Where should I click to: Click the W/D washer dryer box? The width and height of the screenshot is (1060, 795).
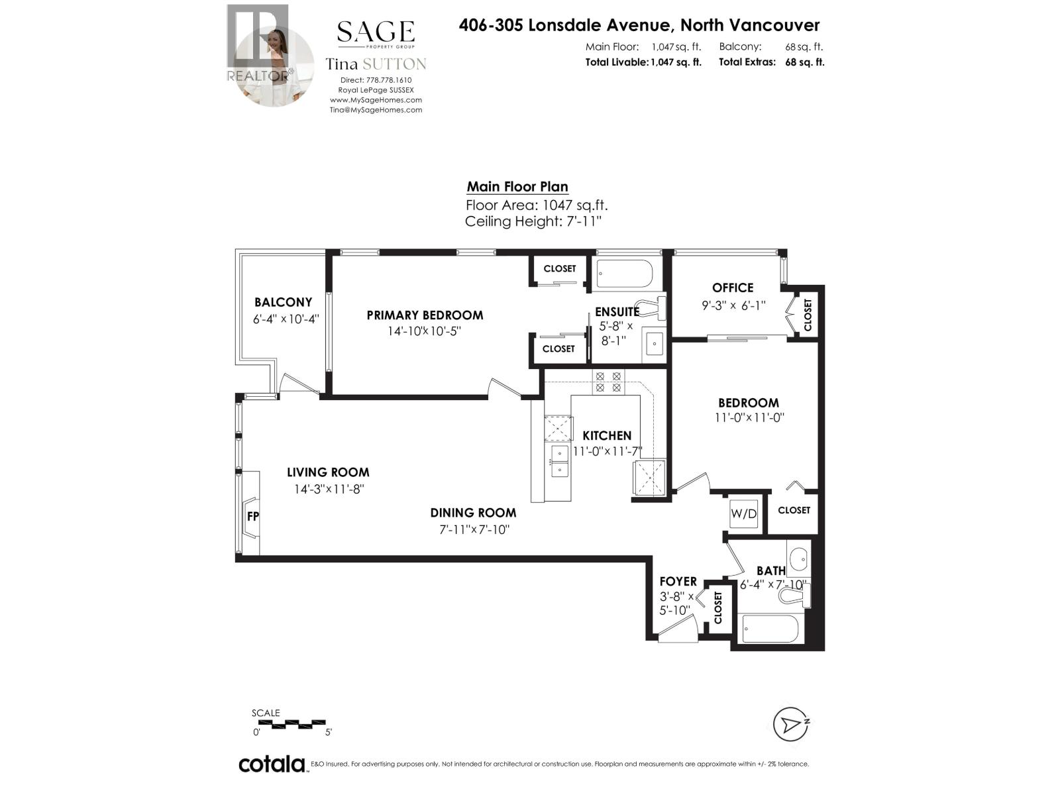(743, 513)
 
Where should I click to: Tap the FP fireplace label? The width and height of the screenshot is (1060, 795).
(252, 516)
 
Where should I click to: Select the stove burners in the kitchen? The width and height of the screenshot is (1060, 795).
(608, 381)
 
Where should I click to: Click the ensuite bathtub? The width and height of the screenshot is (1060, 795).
(625, 274)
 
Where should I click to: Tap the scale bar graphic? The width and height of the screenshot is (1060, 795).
(290, 723)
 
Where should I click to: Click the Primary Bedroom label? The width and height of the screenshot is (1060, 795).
(425, 315)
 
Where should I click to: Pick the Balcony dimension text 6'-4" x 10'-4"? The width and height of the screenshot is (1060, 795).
(286, 319)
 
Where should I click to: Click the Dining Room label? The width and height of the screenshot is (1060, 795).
(473, 512)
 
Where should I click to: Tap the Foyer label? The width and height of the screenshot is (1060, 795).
(678, 581)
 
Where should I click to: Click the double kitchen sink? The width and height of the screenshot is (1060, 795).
(559, 461)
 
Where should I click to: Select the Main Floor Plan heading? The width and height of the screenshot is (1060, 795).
(517, 187)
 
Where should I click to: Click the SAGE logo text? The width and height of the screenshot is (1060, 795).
(376, 32)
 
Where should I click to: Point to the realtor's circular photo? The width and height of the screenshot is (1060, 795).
(274, 66)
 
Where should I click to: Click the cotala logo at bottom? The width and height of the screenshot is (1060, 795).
(272, 764)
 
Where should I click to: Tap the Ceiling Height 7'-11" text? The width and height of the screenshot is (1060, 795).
(533, 221)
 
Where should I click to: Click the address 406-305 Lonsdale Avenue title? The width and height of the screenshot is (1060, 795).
(639, 25)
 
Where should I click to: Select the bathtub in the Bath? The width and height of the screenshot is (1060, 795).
(770, 629)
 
